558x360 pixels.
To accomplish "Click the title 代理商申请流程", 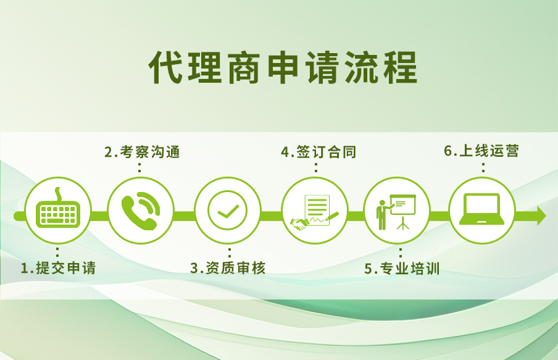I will click(283, 67).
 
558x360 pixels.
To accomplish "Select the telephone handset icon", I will click(140, 211).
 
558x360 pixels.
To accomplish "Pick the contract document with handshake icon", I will click(315, 211).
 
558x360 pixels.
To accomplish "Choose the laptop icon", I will click(482, 210).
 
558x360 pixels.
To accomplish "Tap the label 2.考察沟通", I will click(142, 152).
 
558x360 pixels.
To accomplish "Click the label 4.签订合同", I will click(318, 152).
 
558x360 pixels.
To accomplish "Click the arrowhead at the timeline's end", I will click(541, 216).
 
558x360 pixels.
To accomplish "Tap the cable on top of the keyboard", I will click(59, 195).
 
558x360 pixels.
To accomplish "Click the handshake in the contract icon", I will click(299, 224).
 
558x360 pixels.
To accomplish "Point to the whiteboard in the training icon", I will click(403, 203).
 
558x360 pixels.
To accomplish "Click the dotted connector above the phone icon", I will click(139, 167).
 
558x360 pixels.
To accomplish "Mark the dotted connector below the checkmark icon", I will click(228, 253).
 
